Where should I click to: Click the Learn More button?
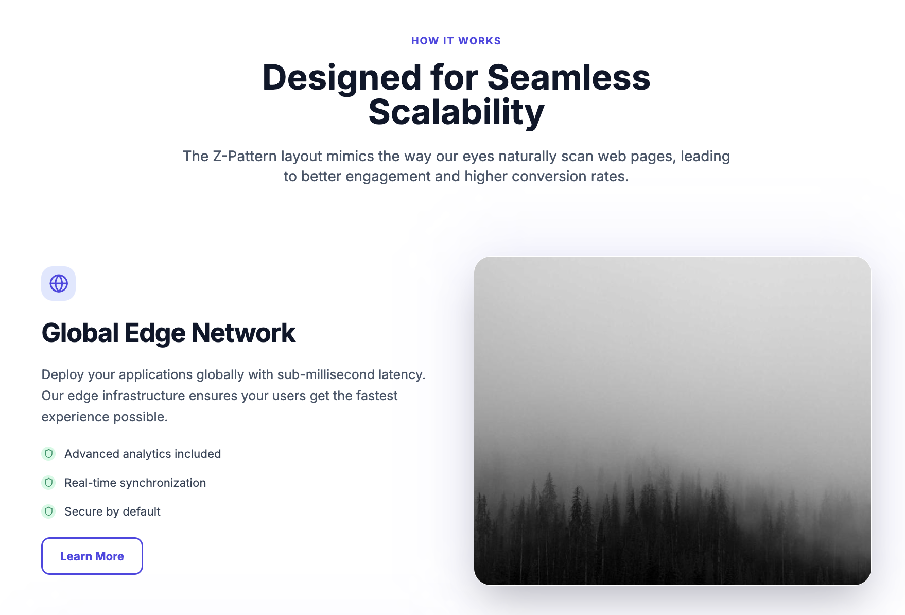[92, 556]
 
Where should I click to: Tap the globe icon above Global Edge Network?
[59, 283]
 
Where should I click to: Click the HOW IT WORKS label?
[456, 41]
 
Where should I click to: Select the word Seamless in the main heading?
[569, 78]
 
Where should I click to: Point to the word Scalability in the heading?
[456, 112]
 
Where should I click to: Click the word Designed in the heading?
[342, 78]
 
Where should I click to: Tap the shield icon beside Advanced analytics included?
[48, 454]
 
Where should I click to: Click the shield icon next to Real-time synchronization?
[48, 483]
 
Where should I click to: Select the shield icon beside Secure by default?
[48, 511]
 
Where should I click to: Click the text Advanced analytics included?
[143, 454]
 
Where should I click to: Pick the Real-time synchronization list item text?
[135, 483]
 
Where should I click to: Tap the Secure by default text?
[112, 511]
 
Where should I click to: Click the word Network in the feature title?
[243, 333]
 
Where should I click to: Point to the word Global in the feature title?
[80, 333]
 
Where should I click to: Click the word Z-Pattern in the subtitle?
[245, 156]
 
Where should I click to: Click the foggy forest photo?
[672, 421]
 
